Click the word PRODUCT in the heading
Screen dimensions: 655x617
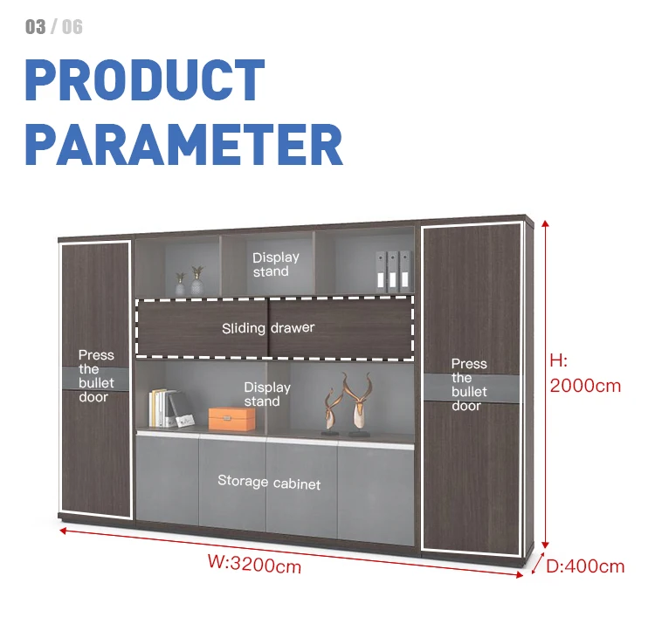coord(145,80)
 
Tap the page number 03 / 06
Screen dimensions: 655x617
coord(54,27)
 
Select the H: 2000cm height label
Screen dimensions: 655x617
coord(584,373)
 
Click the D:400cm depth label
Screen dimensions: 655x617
coord(585,566)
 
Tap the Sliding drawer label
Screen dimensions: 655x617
coord(267,328)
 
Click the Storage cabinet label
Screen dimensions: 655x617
coord(269,483)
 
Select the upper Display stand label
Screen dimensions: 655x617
coord(276,264)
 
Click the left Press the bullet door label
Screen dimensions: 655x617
coord(96,376)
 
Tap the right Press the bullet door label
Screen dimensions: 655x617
coord(469,385)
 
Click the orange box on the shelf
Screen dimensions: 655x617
coord(232,419)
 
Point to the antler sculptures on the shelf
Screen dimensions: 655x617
coord(347,403)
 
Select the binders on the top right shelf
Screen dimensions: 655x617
coord(393,271)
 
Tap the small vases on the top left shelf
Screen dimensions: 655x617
coord(189,281)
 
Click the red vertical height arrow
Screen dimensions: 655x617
coord(545,384)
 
